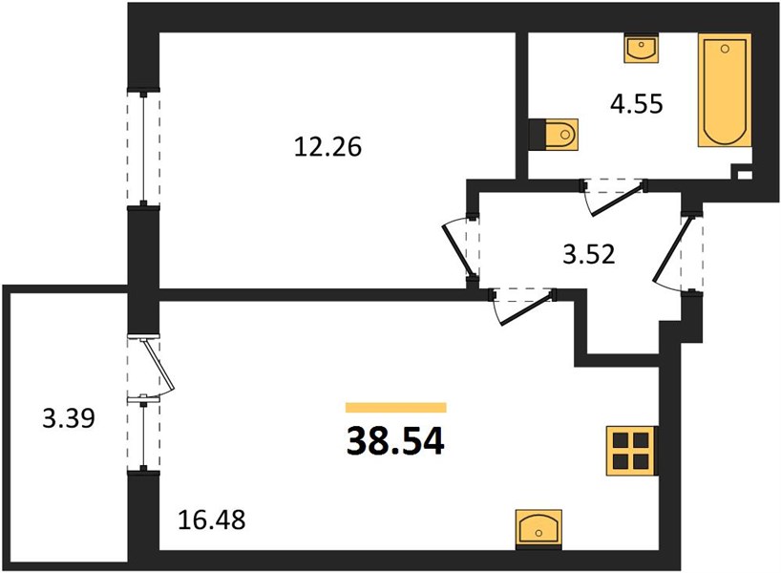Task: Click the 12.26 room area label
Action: pyautogui.click(x=327, y=147)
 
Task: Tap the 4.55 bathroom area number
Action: pyautogui.click(x=637, y=105)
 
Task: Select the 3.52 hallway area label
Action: pyautogui.click(x=589, y=255)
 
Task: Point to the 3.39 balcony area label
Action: pyautogui.click(x=69, y=418)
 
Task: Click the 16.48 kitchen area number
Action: pyautogui.click(x=212, y=520)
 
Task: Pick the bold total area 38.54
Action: pyautogui.click(x=395, y=441)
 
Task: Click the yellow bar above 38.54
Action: pyautogui.click(x=396, y=408)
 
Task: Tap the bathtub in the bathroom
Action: pyautogui.click(x=725, y=90)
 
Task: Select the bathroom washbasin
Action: pyautogui.click(x=642, y=48)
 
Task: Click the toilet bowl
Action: pyautogui.click(x=554, y=135)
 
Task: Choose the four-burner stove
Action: pyautogui.click(x=631, y=451)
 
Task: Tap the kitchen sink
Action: pyautogui.click(x=538, y=530)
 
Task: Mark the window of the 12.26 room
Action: pyautogui.click(x=143, y=148)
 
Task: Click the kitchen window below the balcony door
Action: pyautogui.click(x=143, y=434)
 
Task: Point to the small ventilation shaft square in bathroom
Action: pyautogui.click(x=743, y=175)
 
